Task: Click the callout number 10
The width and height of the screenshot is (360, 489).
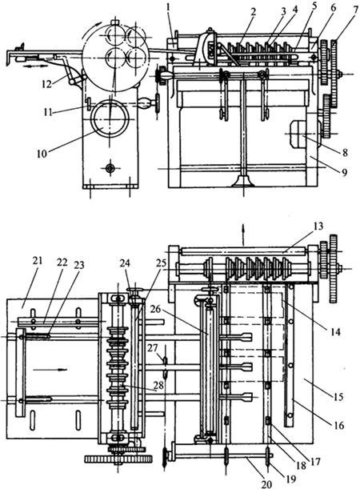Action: pos(42,154)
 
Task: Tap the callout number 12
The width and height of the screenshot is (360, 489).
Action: pos(46,84)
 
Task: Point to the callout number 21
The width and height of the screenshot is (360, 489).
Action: pos(37,261)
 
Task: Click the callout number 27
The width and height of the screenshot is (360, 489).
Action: pos(153,347)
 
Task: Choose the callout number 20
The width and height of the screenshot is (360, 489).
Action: pos(267,483)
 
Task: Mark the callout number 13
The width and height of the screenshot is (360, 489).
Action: pos(318,226)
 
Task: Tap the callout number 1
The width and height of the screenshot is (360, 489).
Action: pos(168,7)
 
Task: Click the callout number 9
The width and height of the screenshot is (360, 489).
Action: pos(344,172)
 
